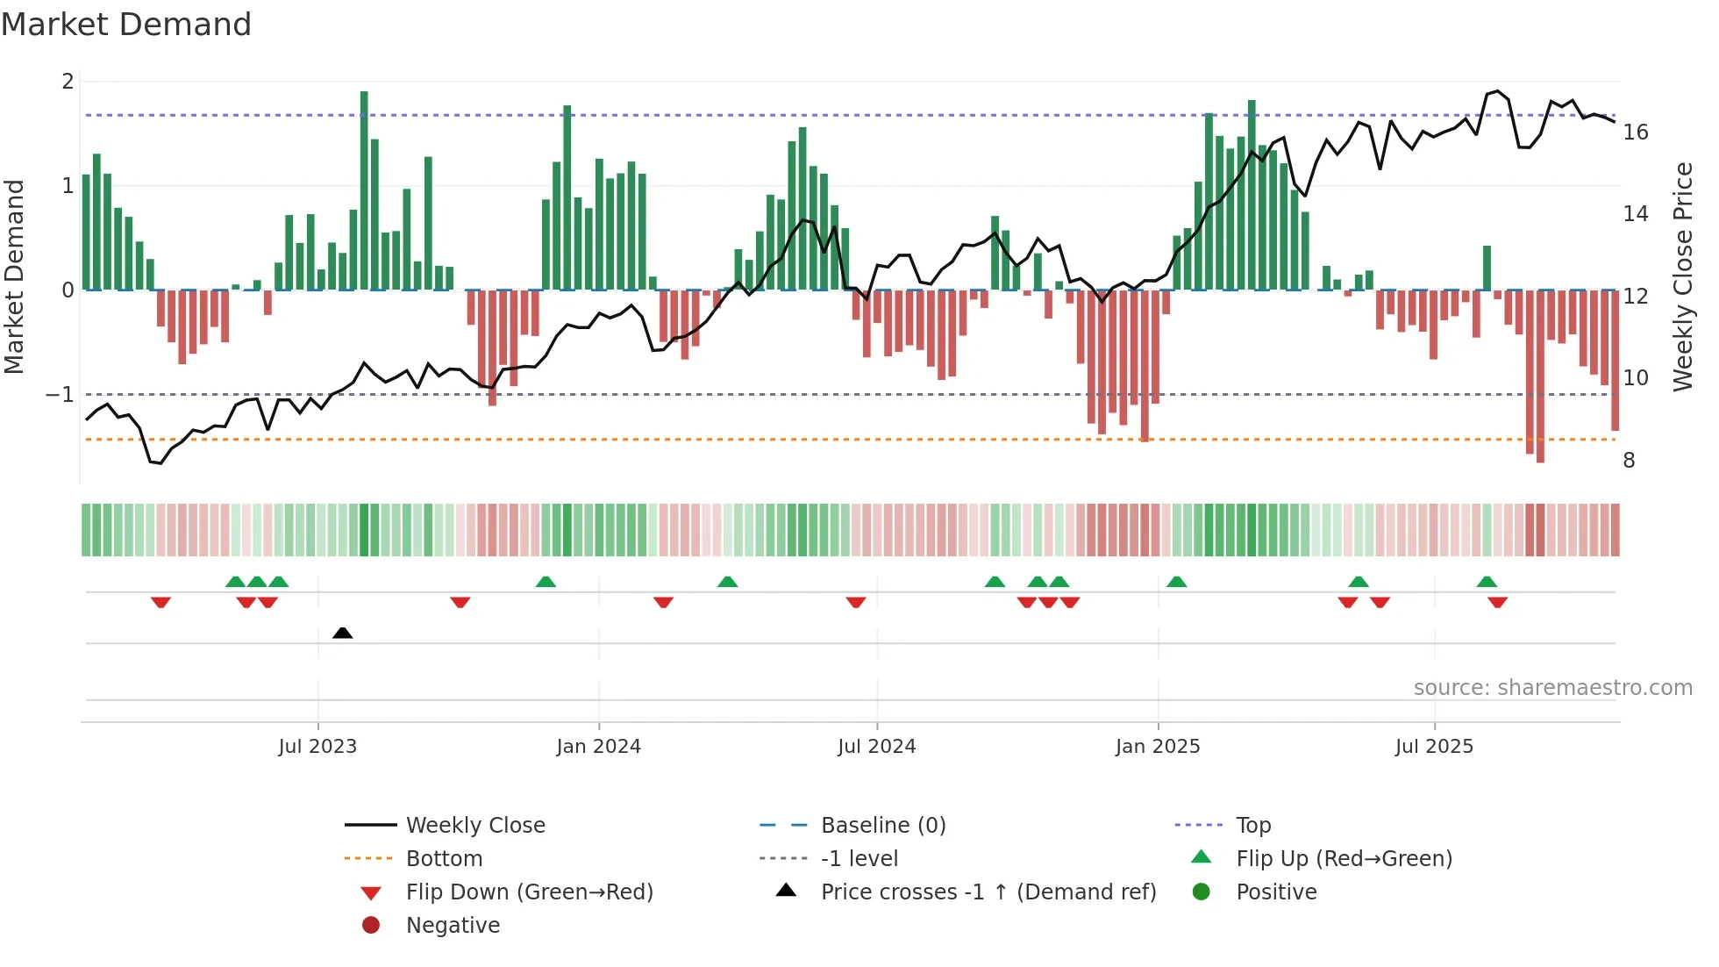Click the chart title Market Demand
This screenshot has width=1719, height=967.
[126, 25]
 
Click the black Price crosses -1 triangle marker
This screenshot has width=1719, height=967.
[343, 633]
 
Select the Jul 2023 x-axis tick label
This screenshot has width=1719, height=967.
[317, 747]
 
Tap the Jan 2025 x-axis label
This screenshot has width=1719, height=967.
[1158, 747]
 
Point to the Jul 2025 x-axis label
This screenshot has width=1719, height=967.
[1434, 747]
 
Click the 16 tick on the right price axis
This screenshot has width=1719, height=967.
[1636, 133]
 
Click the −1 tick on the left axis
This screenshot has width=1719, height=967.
[61, 395]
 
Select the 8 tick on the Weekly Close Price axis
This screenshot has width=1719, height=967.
[1629, 461]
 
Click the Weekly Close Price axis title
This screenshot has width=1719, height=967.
[1682, 276]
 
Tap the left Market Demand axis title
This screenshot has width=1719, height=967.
[15, 276]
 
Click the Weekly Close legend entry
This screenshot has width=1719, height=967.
[475, 826]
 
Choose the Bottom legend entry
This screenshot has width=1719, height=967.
[444, 859]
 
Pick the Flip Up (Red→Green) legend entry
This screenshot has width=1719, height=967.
[1344, 859]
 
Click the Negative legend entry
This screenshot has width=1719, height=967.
[453, 926]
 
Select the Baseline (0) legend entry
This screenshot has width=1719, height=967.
[883, 826]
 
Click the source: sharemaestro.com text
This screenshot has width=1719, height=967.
[1552, 688]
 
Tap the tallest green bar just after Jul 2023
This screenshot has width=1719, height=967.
[364, 189]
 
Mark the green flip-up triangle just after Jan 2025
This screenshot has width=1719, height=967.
[1177, 582]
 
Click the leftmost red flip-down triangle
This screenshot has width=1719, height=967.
[160, 602]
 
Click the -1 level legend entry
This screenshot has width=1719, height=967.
[859, 859]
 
